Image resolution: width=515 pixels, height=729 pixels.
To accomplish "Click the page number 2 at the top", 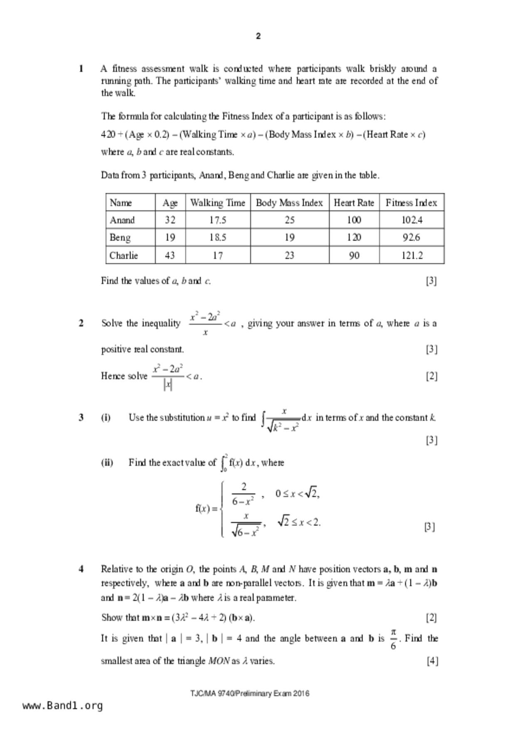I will pos(258,36).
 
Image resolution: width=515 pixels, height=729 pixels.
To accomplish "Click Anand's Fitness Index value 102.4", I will pos(412,220).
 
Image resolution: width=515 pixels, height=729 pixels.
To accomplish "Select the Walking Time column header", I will pos(217,203).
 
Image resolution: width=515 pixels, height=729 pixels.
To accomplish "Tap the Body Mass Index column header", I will pos(289,203).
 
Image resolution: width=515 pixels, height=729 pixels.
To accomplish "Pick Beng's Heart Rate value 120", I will pos(354,237).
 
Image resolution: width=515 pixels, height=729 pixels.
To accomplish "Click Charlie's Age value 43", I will pos(170,255).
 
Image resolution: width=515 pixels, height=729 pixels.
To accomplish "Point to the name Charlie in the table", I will pos(124,255).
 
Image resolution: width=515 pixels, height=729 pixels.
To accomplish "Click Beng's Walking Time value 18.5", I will pos(217,237).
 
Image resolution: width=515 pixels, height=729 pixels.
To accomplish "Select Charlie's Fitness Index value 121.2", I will pos(412,255).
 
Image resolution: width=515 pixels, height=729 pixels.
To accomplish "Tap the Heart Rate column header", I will pos(354,203).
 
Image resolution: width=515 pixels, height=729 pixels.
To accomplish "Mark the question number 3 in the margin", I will pos(81,417).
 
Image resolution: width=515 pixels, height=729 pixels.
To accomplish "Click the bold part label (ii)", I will pos(107,463).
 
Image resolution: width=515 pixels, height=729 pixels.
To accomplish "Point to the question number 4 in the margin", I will pos(81,569).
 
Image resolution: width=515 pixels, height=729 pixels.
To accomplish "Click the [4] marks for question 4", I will pos(432,660).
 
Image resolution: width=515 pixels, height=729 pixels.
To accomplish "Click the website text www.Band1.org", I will pos(63,705).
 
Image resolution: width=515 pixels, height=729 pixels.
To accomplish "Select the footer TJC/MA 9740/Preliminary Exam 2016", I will pos(250,693).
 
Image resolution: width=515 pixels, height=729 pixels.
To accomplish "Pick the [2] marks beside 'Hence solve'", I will pos(431,376).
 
